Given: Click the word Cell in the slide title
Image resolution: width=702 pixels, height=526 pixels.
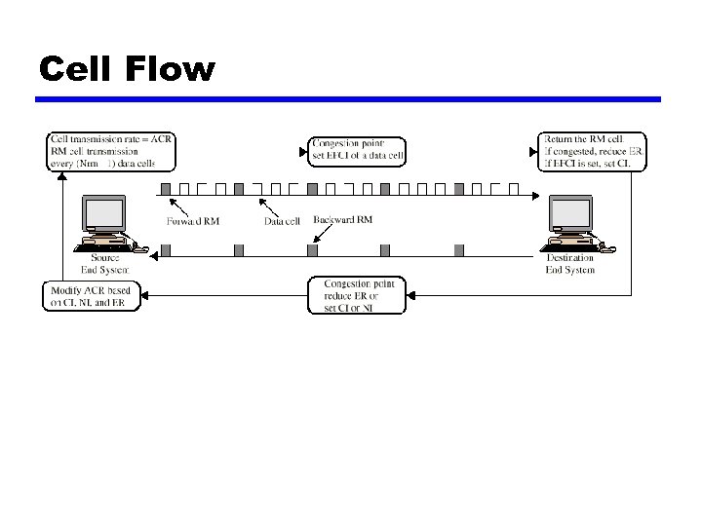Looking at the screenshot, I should pos(80,69).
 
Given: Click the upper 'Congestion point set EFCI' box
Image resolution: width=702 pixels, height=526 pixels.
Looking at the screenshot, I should pos(357,151).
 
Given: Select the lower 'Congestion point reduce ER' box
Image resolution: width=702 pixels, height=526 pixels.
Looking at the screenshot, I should pos(357,296).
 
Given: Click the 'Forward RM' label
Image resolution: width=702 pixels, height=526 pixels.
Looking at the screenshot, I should pos(193,221).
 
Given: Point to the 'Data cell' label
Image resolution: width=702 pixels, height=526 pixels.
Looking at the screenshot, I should pos(284,221).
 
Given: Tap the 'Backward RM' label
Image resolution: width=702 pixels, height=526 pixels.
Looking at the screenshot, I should pos(342,220).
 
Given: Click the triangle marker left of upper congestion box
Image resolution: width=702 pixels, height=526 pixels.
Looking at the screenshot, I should pos(301,151).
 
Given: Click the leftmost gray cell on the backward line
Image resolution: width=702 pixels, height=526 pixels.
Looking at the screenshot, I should pos(166,250).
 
